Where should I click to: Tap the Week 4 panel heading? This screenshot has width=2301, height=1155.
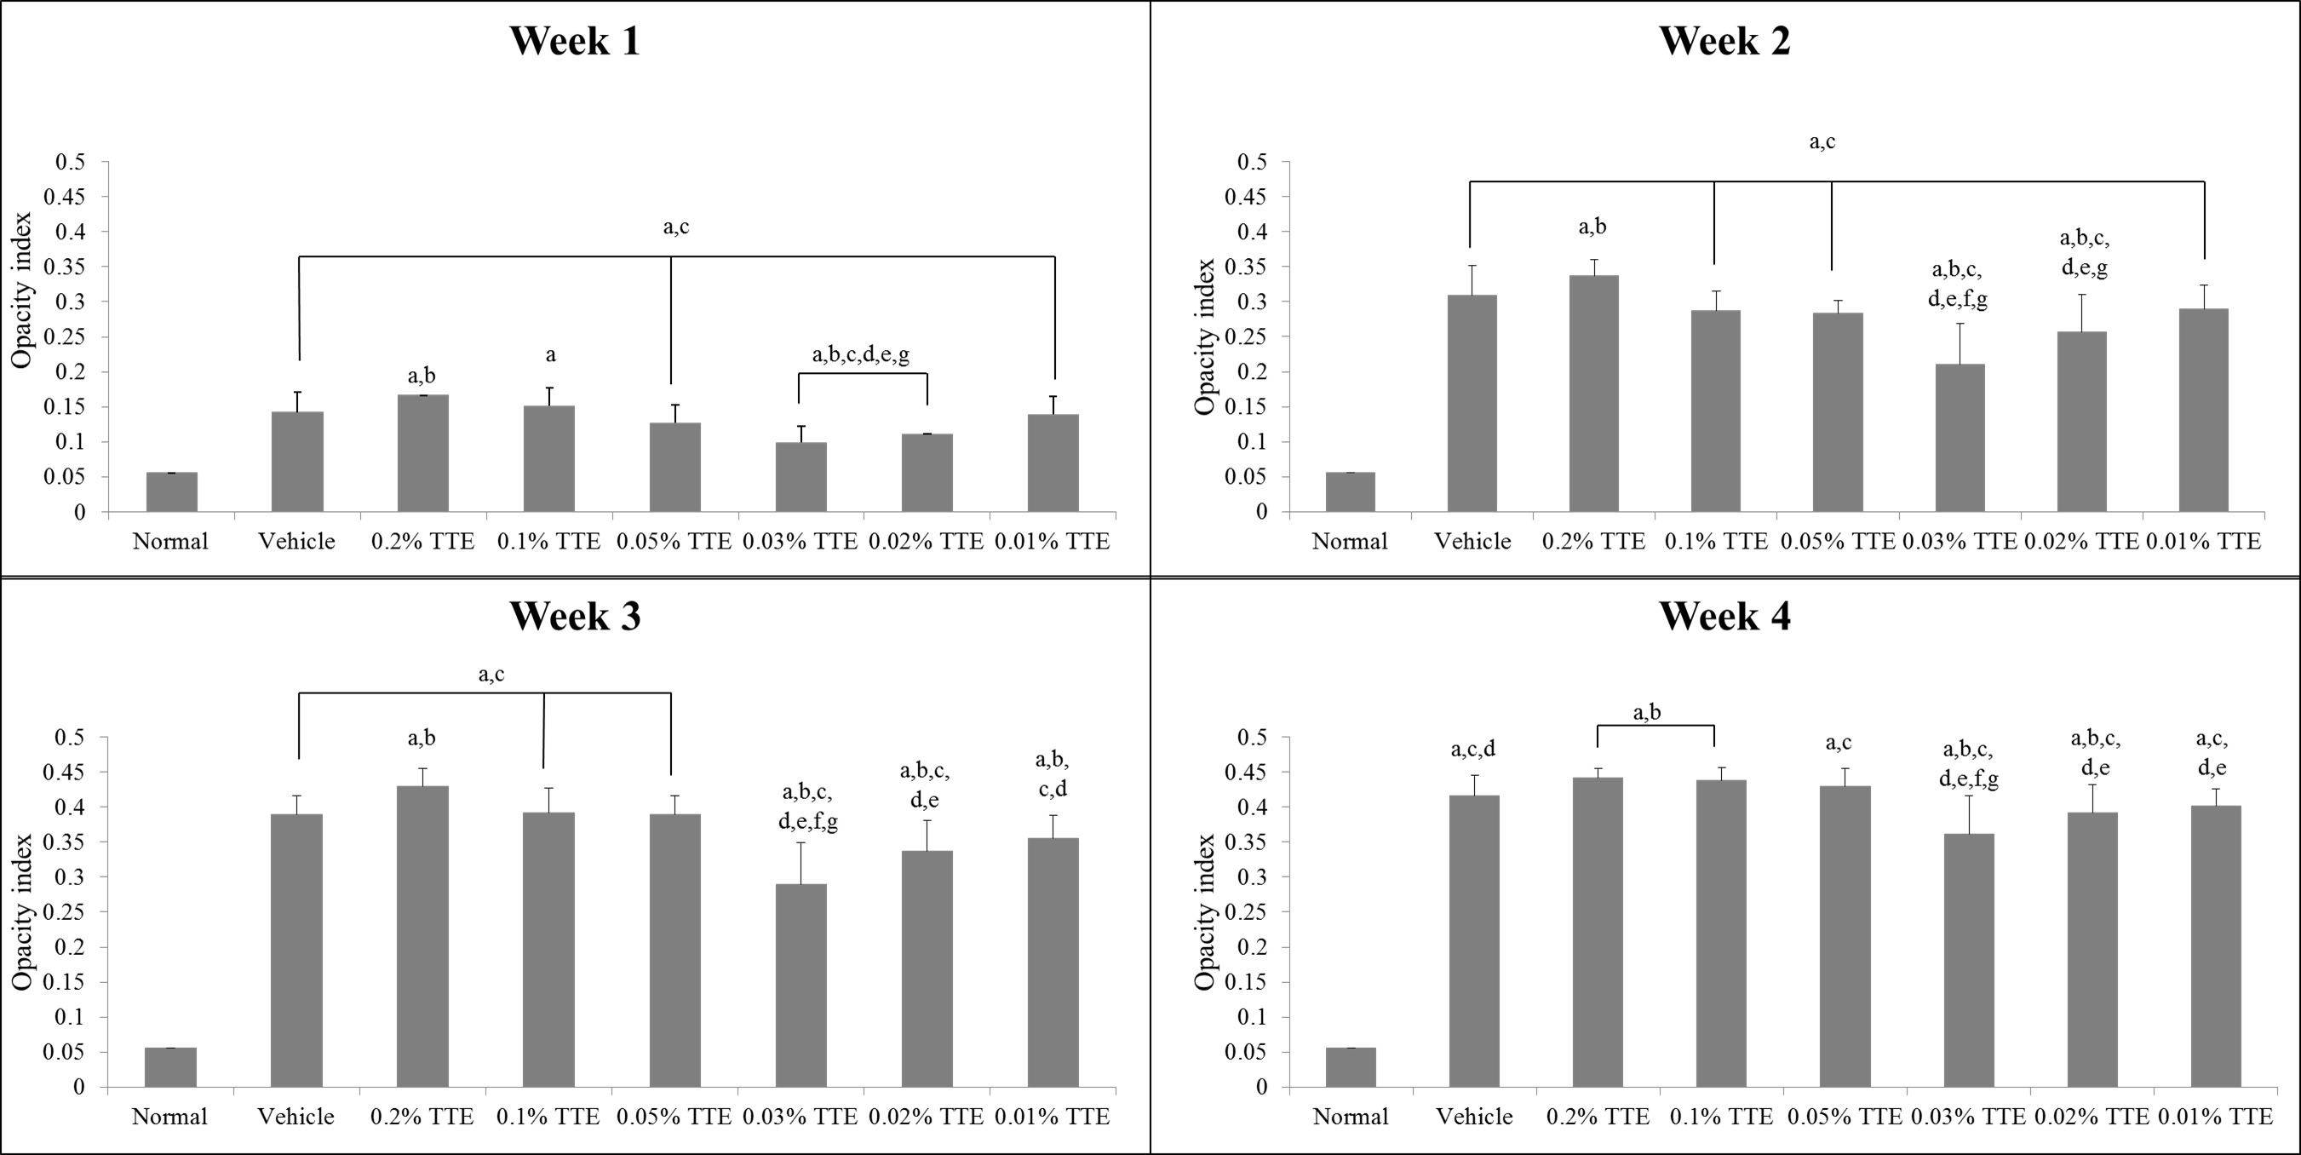1724,617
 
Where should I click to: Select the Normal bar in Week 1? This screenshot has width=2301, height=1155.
171,492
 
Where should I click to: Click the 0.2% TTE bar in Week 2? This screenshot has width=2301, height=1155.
1593,393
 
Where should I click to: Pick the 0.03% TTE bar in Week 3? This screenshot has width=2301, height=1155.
800,985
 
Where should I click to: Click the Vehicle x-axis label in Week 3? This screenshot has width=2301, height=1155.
296,1117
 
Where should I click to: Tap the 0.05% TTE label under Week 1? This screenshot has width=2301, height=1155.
674,542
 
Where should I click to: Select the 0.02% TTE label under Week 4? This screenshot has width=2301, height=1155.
2092,1117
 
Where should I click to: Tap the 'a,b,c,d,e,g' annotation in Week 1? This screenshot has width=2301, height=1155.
861,355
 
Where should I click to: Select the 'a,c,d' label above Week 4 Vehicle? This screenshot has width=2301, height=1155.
1473,750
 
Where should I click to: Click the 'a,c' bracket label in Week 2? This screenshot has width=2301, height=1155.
1822,141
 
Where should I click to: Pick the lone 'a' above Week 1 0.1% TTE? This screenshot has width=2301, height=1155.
550,354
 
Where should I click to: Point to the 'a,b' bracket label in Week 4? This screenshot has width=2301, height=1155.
1647,712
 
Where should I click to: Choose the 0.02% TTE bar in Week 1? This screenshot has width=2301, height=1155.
927,473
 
